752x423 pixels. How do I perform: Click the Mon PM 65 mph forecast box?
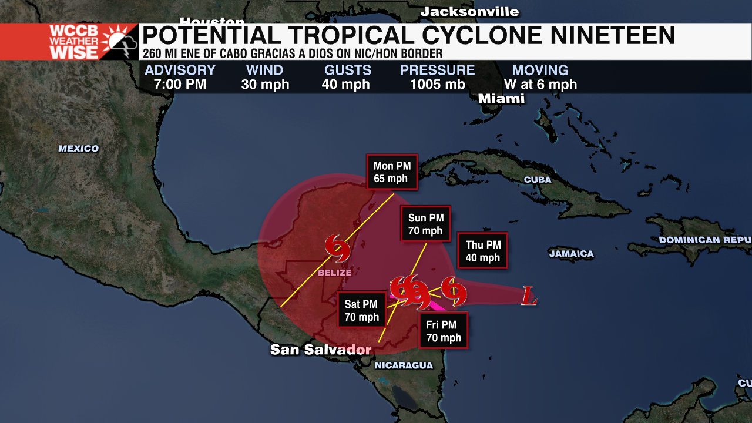click(391, 172)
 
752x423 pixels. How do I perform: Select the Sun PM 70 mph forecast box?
click(425, 224)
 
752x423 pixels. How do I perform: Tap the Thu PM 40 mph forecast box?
click(482, 251)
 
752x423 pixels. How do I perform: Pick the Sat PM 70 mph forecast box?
click(361, 311)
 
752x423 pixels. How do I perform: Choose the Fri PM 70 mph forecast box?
click(443, 331)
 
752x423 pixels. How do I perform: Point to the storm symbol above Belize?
click(338, 247)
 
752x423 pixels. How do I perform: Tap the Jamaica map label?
click(571, 254)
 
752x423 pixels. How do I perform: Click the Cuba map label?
click(538, 180)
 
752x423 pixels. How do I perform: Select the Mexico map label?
click(78, 149)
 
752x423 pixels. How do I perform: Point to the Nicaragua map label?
click(404, 365)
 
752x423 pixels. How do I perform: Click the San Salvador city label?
click(320, 350)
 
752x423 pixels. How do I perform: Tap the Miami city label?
click(501, 99)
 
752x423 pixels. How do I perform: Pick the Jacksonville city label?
click(469, 12)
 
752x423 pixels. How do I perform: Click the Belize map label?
click(334, 273)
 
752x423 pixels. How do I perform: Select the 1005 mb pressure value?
click(437, 85)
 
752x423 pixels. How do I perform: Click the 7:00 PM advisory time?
click(180, 85)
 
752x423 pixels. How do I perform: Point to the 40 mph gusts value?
click(345, 85)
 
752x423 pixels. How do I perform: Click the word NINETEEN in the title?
click(612, 36)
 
